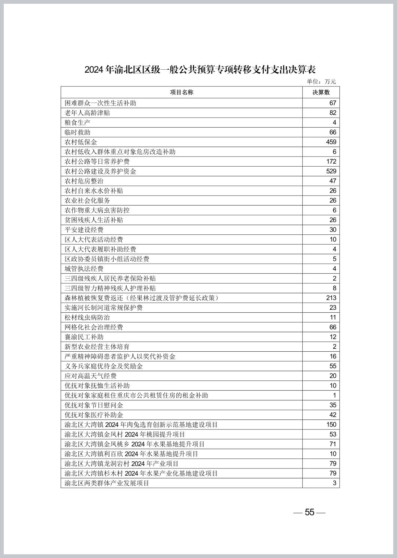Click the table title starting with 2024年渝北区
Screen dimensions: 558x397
pos(200,70)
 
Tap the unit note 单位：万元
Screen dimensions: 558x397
pos(321,82)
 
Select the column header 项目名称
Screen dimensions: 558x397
pos(182,93)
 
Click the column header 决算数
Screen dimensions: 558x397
pos(321,93)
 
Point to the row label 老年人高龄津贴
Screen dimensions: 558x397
pos(87,113)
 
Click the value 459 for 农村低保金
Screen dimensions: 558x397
pos(331,142)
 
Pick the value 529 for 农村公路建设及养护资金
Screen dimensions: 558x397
pos(331,171)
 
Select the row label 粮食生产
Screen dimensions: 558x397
pos(78,122)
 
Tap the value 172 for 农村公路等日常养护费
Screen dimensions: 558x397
pos(331,161)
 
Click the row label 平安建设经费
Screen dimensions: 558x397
pos(84,230)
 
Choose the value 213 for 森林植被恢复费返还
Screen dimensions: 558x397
pos(331,298)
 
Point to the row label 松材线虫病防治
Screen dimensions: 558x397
pos(87,317)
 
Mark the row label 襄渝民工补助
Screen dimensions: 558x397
pos(84,337)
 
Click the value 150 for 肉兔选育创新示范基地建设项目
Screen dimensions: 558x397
pos(331,424)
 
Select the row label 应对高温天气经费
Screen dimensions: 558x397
pos(91,376)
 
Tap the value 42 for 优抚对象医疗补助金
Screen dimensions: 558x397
pos(333,415)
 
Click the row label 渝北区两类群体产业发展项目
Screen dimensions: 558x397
pos(107,483)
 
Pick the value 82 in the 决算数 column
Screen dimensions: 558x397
pos(333,113)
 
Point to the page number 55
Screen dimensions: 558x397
pos(310,512)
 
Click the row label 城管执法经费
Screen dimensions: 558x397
pos(84,269)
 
